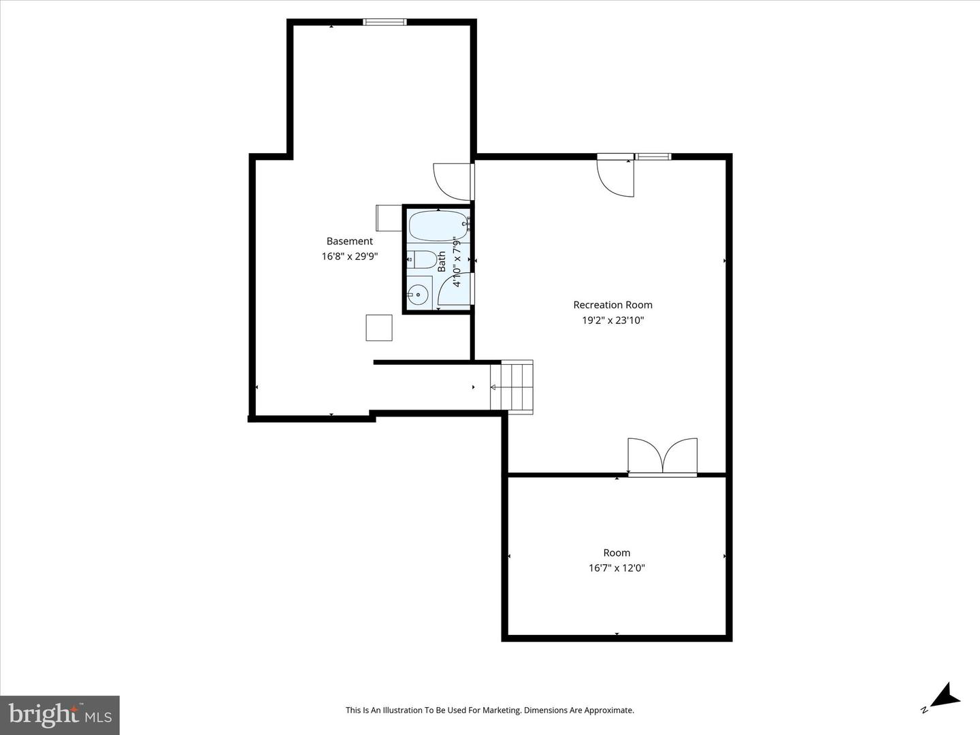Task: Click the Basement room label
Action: tap(350, 242)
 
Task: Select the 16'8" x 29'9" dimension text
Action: tap(350, 257)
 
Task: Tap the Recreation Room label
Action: tap(612, 305)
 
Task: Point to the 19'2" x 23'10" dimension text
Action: tap(612, 321)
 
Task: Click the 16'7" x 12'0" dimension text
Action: tap(617, 568)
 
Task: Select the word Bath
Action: tap(442, 261)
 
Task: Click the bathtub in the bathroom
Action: tap(438, 226)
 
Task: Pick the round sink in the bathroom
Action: tap(418, 295)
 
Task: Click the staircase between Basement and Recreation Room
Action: tap(512, 387)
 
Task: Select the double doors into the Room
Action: tap(663, 457)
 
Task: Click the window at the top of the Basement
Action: tap(385, 22)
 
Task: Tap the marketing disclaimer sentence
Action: tap(490, 710)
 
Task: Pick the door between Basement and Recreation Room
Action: tap(454, 182)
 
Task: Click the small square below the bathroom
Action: tap(379, 328)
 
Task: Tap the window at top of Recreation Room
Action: tap(653, 157)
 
